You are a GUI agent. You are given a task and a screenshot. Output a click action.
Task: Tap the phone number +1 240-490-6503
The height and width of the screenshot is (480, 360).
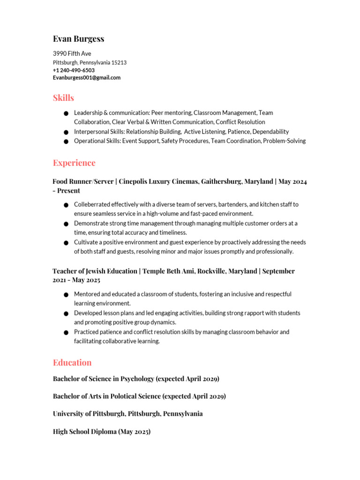74,70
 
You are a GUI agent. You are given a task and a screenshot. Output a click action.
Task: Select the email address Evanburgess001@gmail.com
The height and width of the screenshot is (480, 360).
87,78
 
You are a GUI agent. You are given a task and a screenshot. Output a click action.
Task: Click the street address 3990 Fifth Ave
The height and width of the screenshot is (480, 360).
72,54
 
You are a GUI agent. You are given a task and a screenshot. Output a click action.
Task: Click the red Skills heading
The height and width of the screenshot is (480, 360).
63,98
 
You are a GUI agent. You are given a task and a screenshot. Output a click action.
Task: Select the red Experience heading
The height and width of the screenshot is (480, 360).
74,163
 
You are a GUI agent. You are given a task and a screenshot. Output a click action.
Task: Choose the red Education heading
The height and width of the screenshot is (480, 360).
72,362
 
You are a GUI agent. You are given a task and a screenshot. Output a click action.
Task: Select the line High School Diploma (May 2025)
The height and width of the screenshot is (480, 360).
102,432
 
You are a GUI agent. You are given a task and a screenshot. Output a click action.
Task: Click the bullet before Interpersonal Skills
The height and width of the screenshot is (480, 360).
66,132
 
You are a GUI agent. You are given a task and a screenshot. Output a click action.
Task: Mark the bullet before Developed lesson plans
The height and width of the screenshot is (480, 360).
66,314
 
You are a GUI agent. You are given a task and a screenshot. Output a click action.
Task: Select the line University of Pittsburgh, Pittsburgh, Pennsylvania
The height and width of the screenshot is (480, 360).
128,414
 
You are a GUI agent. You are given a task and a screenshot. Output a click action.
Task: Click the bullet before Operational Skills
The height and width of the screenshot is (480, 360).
66,142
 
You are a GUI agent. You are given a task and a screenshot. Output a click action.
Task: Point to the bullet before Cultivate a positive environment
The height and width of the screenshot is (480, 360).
66,243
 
